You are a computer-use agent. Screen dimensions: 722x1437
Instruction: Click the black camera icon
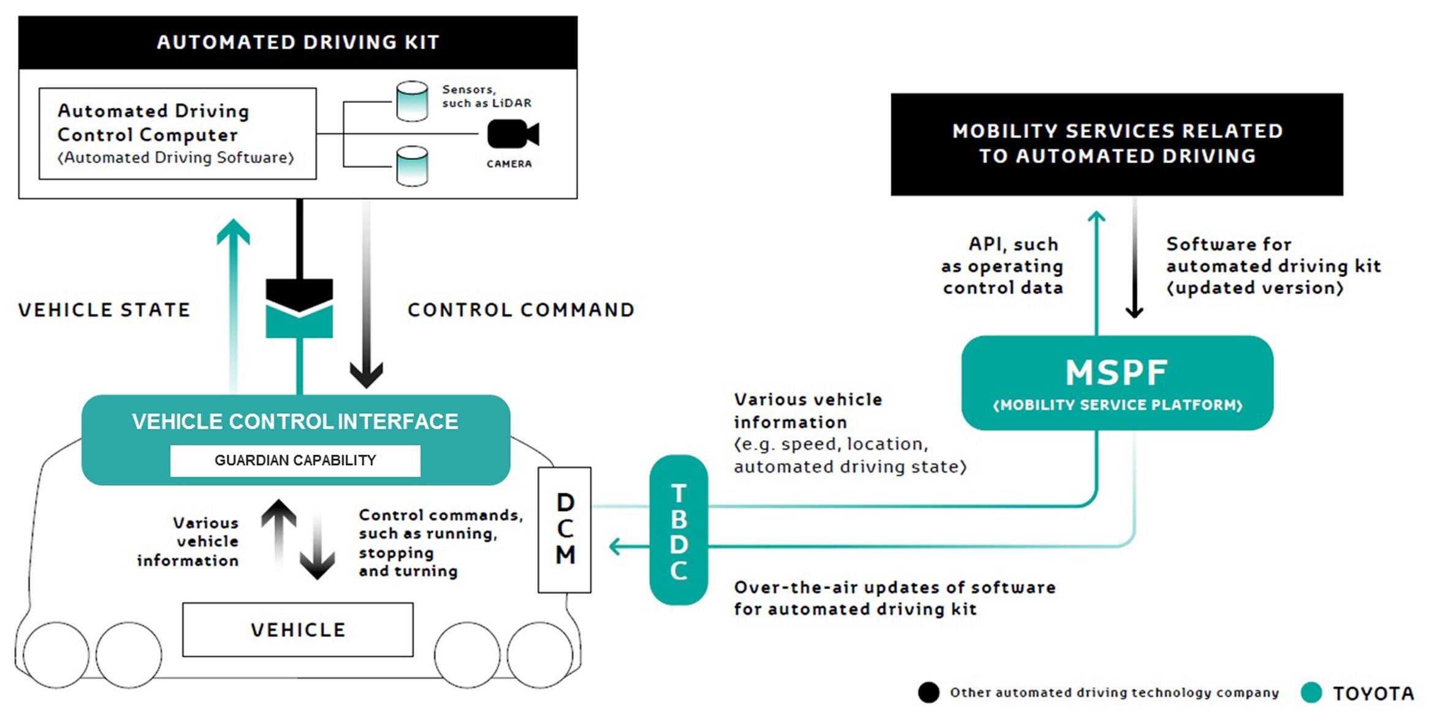pos(511,134)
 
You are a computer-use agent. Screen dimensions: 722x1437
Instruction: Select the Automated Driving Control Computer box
pos(178,134)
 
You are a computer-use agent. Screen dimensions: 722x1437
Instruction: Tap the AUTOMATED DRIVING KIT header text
pos(298,42)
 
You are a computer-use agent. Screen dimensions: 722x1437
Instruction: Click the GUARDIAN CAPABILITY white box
pos(295,460)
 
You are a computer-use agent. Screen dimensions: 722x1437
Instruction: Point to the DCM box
pos(565,530)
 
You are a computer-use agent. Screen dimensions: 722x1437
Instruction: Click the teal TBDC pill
pos(679,530)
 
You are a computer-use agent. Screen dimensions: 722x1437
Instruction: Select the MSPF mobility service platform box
pos(1117,383)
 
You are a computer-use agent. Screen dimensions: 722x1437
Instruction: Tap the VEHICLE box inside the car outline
pos(298,629)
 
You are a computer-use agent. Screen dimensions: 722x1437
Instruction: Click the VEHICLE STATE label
pos(104,310)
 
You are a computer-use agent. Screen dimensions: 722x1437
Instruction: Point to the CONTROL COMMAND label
pos(521,310)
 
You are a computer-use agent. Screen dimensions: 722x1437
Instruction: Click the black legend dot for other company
pos(929,693)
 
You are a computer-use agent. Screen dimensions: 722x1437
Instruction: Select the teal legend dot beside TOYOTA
pos(1311,693)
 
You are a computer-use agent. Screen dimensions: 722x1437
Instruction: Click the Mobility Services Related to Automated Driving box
pos(1117,144)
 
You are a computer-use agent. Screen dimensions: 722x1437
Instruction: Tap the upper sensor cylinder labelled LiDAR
pos(412,101)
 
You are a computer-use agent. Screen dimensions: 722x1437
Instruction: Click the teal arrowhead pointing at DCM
pos(615,546)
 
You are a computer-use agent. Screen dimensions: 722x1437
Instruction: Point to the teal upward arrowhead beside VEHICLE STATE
pos(234,232)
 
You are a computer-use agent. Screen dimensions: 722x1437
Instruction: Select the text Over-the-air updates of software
pos(894,587)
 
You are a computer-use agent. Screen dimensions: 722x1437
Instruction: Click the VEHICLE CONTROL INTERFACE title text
pos(295,422)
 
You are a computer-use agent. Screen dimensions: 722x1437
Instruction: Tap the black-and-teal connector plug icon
pos(299,308)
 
